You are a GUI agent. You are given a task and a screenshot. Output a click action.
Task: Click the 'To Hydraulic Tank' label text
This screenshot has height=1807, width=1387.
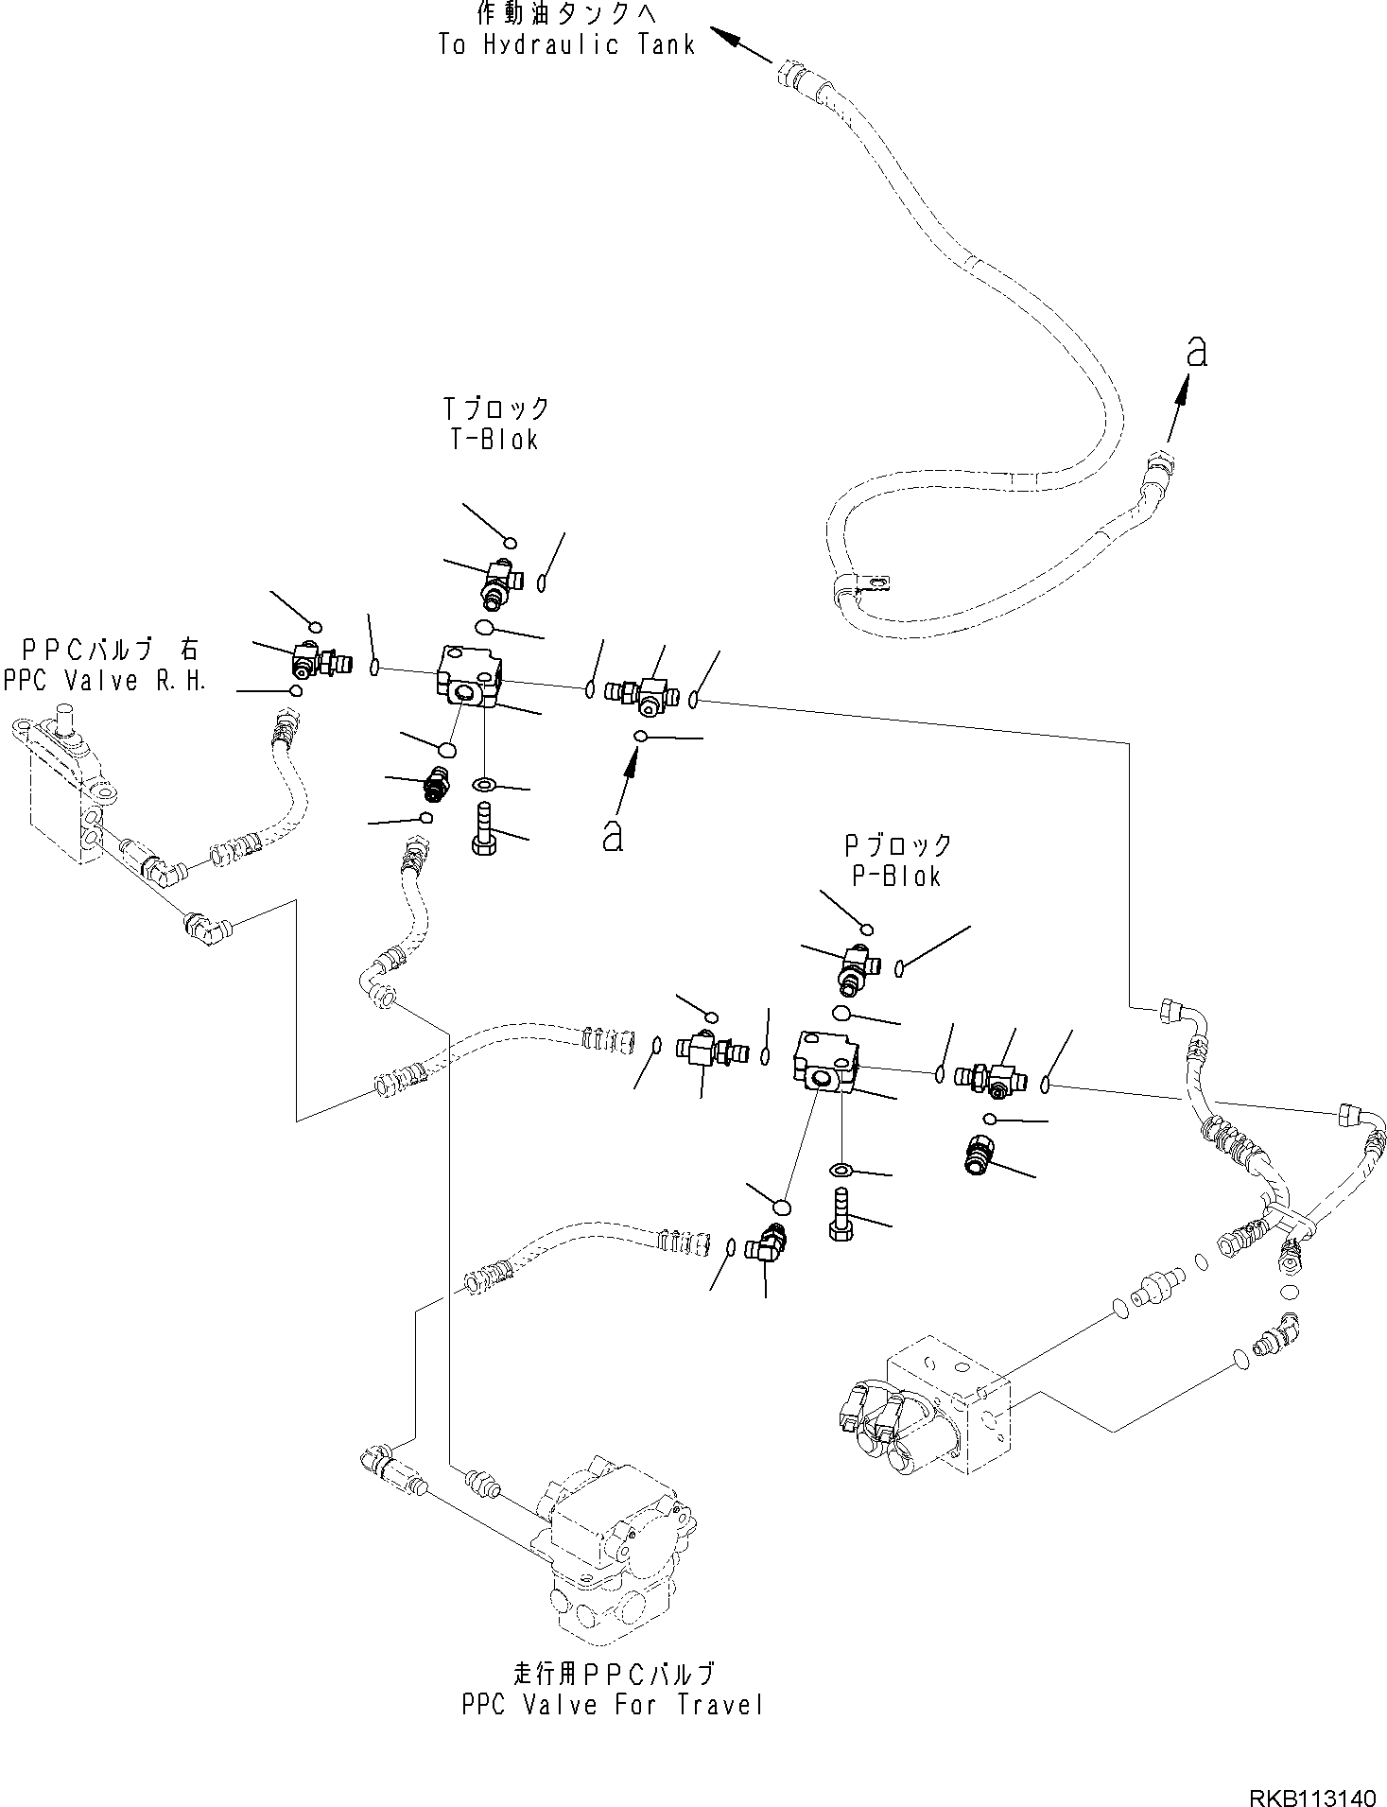(566, 44)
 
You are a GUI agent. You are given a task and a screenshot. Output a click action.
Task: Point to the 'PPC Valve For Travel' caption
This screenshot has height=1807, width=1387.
(612, 1705)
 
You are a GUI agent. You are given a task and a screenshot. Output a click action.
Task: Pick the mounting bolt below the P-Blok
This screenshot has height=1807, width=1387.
(841, 1217)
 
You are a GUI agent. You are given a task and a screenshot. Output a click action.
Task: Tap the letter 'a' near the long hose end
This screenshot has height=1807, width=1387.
(1197, 352)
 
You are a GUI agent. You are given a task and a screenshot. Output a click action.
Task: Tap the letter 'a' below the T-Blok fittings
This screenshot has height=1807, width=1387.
(613, 835)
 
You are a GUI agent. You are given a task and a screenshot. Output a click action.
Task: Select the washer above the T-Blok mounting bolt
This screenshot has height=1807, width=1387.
(484, 784)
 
